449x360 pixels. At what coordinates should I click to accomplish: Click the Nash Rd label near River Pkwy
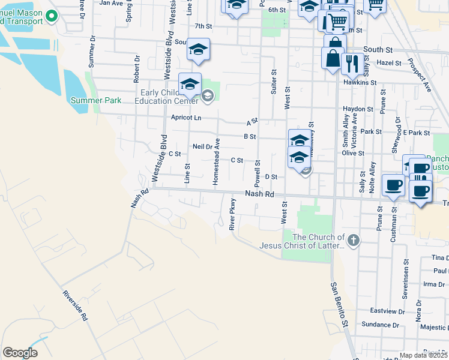259,194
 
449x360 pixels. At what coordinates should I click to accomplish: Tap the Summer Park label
96,100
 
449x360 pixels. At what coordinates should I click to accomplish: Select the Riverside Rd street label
76,305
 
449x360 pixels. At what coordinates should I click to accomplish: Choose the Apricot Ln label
185,118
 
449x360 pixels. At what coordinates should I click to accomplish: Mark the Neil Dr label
202,146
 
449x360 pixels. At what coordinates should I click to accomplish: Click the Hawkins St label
364,82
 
